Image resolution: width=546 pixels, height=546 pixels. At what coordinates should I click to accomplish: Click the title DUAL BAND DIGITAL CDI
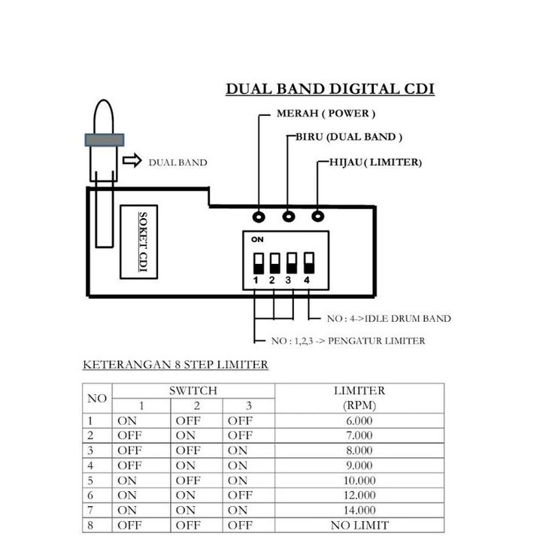[x=330, y=89]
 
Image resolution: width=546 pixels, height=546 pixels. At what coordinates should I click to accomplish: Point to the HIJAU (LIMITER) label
[x=375, y=162]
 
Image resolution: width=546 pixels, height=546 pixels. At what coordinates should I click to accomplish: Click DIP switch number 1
[x=257, y=263]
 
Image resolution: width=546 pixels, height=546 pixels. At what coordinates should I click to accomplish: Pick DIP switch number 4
[x=308, y=263]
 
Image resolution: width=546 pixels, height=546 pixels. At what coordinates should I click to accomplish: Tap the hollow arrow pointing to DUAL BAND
[x=132, y=161]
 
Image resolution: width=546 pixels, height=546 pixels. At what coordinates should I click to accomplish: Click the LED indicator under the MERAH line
[x=258, y=217]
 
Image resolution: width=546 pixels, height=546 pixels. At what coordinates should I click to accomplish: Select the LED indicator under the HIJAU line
[x=318, y=217]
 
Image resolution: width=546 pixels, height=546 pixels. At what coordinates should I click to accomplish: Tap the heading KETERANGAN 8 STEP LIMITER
[x=174, y=366]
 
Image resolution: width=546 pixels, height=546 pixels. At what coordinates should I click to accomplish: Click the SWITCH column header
[x=193, y=390]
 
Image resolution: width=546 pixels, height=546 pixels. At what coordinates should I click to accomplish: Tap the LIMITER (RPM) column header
[x=359, y=398]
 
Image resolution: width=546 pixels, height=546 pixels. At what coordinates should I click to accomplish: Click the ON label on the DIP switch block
[x=256, y=239]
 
